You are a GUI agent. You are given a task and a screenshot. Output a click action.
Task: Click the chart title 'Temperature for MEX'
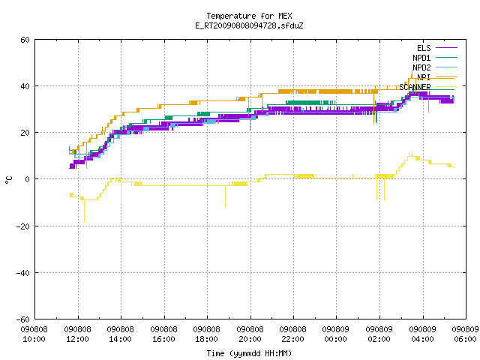[x=249, y=16]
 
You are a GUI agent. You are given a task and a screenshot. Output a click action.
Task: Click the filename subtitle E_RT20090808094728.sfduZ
[x=249, y=25]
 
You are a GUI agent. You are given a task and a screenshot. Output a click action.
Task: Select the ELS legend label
[x=424, y=48]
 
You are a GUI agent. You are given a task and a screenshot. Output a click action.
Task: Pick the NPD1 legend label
[x=421, y=58]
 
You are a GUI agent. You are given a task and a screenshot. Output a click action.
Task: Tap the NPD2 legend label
[x=421, y=67]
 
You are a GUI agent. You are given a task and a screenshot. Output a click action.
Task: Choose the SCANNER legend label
[x=415, y=87]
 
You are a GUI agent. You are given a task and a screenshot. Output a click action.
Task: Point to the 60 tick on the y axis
[x=25, y=40]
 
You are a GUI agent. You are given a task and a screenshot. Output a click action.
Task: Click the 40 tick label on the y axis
[x=25, y=86]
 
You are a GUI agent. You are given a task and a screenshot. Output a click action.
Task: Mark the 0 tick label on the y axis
[x=28, y=179]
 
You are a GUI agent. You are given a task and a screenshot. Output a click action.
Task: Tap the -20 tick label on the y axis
[x=23, y=226]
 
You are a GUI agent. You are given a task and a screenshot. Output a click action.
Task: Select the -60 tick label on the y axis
[x=23, y=319]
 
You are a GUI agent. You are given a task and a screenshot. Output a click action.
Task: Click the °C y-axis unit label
[x=8, y=180]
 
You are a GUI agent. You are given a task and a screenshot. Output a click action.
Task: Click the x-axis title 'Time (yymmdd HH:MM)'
[x=249, y=353]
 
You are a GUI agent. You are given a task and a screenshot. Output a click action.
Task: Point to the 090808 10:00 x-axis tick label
[x=34, y=334]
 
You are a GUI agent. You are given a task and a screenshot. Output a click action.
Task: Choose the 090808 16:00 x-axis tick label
[x=163, y=334]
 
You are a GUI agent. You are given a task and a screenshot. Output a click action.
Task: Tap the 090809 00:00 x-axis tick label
[x=336, y=334]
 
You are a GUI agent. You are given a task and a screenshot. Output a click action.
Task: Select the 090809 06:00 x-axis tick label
[x=465, y=334]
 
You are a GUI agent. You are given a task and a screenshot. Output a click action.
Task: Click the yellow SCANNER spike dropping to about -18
[x=84, y=211]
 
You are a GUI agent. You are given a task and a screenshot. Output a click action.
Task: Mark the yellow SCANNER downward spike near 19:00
[x=225, y=196]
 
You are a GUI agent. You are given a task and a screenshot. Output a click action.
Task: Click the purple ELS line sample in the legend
[x=446, y=48]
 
